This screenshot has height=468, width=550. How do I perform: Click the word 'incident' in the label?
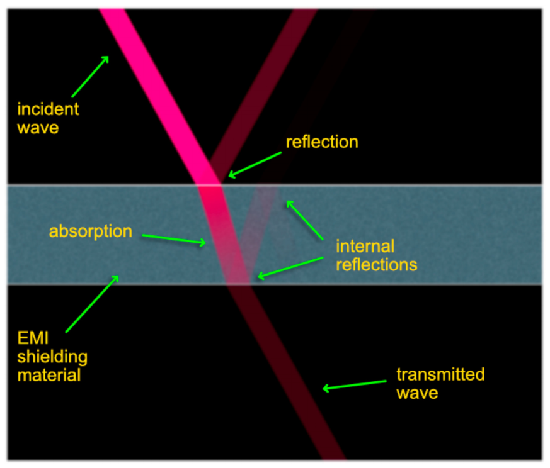click(x=48, y=109)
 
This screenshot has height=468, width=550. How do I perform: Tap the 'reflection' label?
click(x=322, y=142)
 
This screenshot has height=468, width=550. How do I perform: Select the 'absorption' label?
click(x=91, y=231)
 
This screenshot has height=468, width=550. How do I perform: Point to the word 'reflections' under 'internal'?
click(x=376, y=264)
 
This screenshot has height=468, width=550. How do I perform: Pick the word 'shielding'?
click(x=52, y=357)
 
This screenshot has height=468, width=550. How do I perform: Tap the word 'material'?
click(x=49, y=376)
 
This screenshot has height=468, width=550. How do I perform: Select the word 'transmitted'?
click(x=440, y=374)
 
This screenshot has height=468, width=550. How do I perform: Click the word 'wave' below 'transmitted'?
click(x=416, y=393)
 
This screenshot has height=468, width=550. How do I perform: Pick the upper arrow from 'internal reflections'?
click(x=305, y=221)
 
